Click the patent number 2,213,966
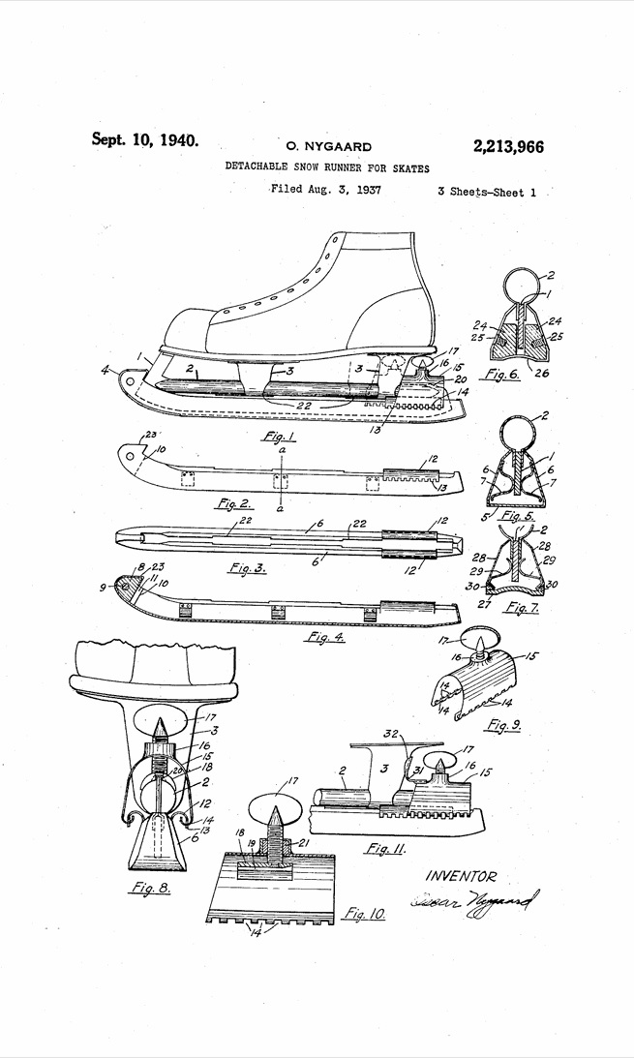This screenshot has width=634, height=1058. coord(508,147)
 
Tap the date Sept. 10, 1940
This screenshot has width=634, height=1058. coord(144,139)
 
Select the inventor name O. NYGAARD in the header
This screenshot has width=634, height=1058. coord(324,147)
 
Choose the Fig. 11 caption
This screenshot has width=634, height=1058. coord(383,849)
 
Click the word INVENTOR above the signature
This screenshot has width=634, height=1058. coord(461,877)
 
